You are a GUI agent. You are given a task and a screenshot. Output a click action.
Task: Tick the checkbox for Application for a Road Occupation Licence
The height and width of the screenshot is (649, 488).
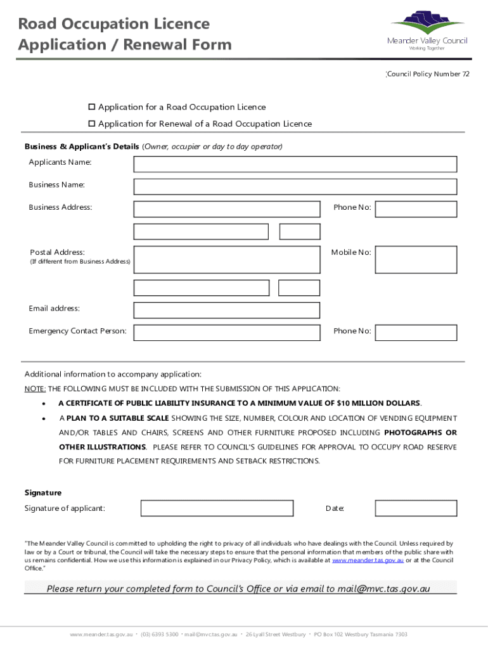coord(91,107)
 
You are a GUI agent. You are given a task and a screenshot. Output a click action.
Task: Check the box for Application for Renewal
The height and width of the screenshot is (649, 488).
coord(91,124)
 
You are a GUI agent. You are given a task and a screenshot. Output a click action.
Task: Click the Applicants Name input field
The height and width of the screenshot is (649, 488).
coord(295,164)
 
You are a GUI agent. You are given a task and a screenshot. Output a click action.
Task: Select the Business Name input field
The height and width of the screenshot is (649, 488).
coord(295,186)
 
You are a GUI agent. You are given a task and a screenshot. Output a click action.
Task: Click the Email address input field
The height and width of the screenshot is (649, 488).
coord(226,310)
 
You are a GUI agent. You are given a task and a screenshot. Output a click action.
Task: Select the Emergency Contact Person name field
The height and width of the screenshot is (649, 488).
coord(226,332)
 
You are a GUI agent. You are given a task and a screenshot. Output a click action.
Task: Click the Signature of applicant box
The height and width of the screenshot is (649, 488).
coord(217,508)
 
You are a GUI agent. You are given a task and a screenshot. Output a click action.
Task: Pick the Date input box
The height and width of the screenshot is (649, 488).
coord(416,508)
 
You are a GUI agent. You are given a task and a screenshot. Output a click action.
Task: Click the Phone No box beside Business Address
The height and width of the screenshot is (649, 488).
coord(416,209)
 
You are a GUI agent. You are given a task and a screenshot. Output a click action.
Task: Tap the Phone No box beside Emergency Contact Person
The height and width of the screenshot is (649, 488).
coord(416,332)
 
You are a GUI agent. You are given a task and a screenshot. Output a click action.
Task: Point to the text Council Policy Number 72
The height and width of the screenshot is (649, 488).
coord(428,74)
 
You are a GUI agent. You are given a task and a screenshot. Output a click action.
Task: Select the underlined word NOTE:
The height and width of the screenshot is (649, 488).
coord(35,389)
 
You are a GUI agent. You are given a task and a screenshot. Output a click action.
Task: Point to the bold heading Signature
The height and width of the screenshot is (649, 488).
coord(43,492)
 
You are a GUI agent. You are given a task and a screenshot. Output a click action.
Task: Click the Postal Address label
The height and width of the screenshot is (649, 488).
coord(58,252)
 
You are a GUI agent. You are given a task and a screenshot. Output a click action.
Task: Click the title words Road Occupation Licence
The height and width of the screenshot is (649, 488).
coord(114,24)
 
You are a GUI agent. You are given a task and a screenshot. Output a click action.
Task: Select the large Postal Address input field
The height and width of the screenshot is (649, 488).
coord(226,260)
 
